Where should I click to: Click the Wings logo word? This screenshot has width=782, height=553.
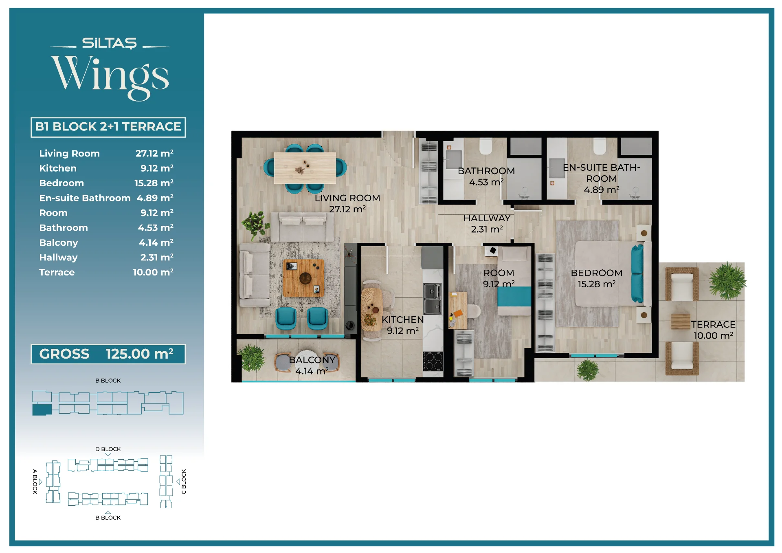point(110,77)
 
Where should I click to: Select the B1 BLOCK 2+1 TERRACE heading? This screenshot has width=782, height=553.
point(108,127)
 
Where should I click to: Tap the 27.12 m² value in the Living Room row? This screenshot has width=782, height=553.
point(154,154)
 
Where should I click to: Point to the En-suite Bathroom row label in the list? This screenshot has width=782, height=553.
point(85,198)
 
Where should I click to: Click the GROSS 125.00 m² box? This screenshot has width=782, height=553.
point(108,354)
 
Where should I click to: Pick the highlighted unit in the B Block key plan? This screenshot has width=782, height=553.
point(42,409)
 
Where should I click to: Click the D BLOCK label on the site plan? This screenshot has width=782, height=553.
point(108,449)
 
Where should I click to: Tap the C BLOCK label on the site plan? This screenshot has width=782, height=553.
point(184,482)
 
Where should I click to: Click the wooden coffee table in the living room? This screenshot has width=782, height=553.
point(304,278)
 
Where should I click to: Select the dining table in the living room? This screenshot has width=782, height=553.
point(305,167)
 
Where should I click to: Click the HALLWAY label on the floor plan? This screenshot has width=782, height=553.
point(487,218)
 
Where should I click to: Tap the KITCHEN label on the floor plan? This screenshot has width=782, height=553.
point(402,320)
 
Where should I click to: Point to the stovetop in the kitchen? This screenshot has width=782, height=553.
point(433,361)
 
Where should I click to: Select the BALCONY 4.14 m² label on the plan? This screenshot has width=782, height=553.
point(312,366)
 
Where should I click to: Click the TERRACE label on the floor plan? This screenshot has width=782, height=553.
point(713,324)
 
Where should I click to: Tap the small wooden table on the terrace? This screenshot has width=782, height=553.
point(681,322)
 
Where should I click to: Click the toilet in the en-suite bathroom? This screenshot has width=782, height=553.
point(600,145)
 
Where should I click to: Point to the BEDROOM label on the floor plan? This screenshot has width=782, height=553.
point(597,273)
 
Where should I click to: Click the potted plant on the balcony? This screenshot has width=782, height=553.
point(251,357)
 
